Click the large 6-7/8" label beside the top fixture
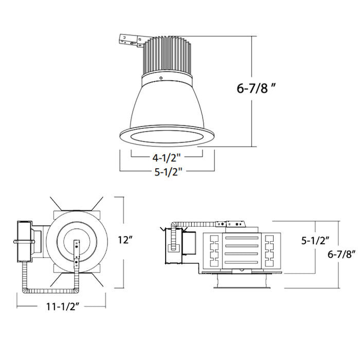(260, 88)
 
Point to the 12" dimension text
(125, 240)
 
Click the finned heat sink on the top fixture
(167, 56)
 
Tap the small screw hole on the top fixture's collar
(161, 78)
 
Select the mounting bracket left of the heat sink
(130, 41)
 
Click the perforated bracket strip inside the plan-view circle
(77, 252)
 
